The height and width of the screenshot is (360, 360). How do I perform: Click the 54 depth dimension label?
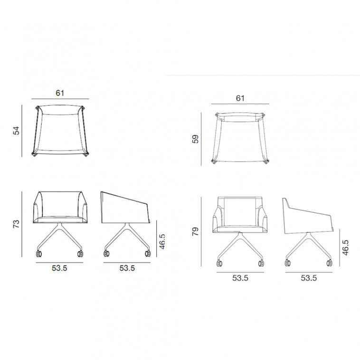tap(17, 131)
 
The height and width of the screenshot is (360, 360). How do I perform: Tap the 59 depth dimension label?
tap(195, 139)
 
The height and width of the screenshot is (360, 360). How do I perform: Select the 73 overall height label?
tap(17, 224)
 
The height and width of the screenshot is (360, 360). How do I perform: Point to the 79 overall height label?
tap(195, 231)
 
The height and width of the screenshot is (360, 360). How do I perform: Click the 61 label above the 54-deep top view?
tap(60, 93)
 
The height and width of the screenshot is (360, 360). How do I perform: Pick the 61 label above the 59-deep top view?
tap(240, 98)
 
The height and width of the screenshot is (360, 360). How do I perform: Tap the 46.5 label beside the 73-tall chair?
tap(162, 242)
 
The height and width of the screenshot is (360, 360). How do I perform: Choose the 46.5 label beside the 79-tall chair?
tap(345, 247)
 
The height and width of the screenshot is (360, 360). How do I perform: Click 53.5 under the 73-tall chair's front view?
tap(59, 268)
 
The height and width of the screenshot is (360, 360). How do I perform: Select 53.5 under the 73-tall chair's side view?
tap(127, 268)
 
